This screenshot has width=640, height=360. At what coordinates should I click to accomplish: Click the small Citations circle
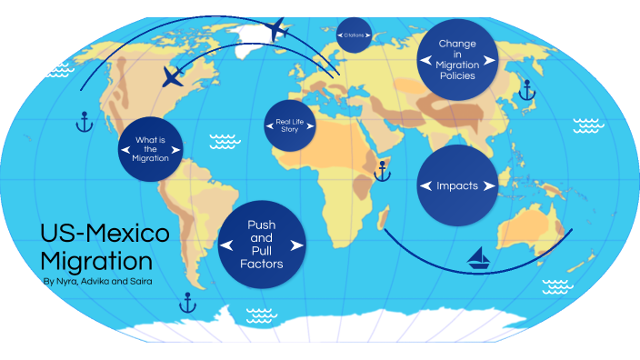(355, 35)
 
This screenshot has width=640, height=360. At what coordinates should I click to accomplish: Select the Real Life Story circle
(288, 125)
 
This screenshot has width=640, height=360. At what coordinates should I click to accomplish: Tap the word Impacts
(457, 186)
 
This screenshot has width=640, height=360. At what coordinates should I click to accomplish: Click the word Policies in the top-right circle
(457, 76)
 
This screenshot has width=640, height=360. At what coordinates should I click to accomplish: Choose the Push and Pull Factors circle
(262, 245)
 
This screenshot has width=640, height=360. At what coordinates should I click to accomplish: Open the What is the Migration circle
(151, 149)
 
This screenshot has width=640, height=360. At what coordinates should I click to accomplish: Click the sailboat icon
(480, 259)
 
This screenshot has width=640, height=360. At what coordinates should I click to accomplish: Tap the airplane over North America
(172, 77)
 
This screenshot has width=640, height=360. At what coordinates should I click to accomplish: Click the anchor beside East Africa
(383, 170)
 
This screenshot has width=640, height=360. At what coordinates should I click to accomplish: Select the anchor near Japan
(524, 89)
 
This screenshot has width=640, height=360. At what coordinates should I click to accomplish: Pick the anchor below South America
(188, 302)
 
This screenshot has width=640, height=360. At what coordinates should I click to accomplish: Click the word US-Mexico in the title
(105, 234)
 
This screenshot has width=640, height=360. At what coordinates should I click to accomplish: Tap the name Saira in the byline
(137, 282)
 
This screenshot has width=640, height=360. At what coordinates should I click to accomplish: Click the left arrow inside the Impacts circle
(425, 186)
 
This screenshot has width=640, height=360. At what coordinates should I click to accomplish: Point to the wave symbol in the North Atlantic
(222, 141)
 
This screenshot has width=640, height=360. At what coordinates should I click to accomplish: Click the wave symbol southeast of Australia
(555, 287)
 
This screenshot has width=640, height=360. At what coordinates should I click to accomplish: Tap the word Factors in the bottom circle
(262, 264)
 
